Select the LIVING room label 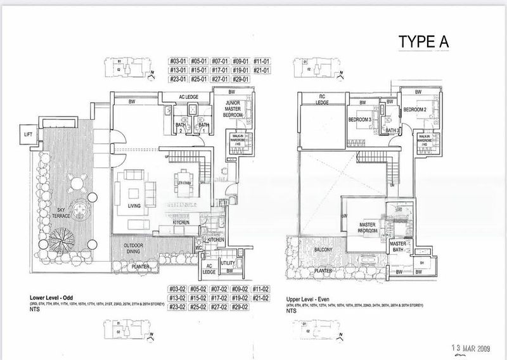tap(134, 205)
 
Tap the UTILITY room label tap(228, 262)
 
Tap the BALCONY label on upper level tap(324, 250)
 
